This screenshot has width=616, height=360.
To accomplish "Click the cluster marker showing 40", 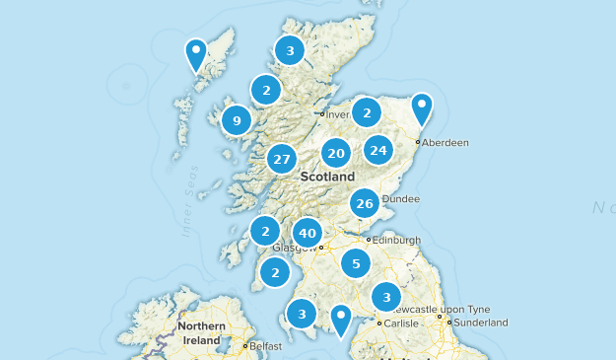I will point(308,233).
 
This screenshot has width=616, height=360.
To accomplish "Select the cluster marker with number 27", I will point(283,159).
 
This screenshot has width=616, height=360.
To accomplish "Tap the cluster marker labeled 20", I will point(336,153).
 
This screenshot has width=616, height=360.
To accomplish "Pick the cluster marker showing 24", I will point(378,150).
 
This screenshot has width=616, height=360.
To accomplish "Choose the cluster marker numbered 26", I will point(365,204).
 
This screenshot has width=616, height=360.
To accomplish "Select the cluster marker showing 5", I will point(356,263).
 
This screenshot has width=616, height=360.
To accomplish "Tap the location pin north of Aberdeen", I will point(422,107).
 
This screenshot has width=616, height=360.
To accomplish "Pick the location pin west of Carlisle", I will point(341,318).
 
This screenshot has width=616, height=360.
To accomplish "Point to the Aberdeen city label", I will point(446,142).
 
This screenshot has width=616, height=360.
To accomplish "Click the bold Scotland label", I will point(327,177).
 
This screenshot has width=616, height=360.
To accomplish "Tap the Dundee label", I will point(399,198).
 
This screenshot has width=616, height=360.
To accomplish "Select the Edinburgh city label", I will point(397,239).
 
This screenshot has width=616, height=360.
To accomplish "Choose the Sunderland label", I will point(482,323).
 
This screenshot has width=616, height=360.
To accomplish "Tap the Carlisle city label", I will point(402,323).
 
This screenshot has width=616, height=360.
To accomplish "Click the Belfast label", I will point(265,347).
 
